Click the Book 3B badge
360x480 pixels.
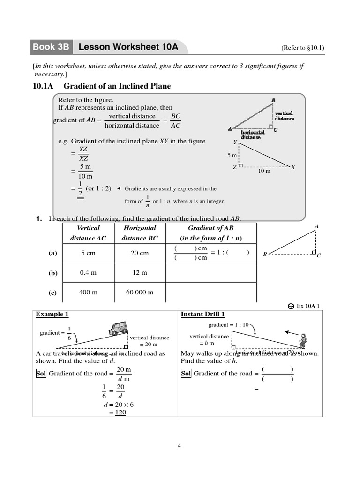pyautogui.click(x=51, y=47)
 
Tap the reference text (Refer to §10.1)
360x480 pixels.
pyautogui.click(x=303, y=48)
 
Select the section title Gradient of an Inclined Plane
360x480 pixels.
pyautogui.click(x=117, y=86)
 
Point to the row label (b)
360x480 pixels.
pyautogui.click(x=52, y=273)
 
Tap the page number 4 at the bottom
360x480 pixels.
pyautogui.click(x=179, y=446)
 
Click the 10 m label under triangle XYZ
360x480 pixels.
pyautogui.click(x=264, y=171)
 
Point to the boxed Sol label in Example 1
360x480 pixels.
pyautogui.click(x=41, y=374)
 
